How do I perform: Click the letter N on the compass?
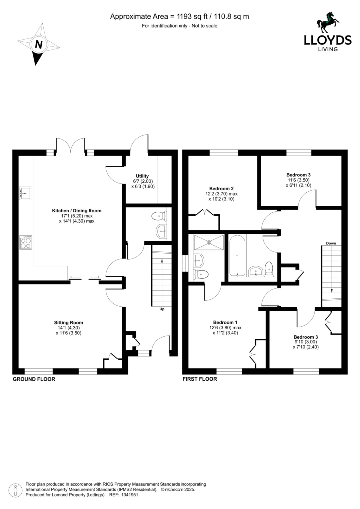pyautogui.click(x=39, y=44)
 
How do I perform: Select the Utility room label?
pyautogui.click(x=142, y=176)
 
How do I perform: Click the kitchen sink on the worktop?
pyautogui.click(x=25, y=193)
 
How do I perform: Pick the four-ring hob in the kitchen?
pyautogui.click(x=26, y=242)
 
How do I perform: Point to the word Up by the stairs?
pyautogui.click(x=162, y=309)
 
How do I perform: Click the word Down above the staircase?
pyautogui.click(x=331, y=243)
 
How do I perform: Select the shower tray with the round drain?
pyautogui.click(x=209, y=242)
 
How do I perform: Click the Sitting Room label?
pyautogui.click(x=68, y=322)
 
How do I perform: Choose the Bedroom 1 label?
pyautogui.click(x=225, y=322)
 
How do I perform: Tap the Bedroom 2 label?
pyautogui.click(x=221, y=188)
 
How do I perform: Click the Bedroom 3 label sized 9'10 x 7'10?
pyautogui.click(x=306, y=337)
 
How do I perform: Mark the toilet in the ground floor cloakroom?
pyautogui.click(x=160, y=216)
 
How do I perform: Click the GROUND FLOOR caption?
pyautogui.click(x=34, y=379)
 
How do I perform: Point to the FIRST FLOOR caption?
pyautogui.click(x=200, y=379)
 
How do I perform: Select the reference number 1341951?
pyautogui.click(x=129, y=495)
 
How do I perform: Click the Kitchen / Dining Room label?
pyautogui.click(x=77, y=211)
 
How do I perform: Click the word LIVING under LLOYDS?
pyautogui.click(x=327, y=49)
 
